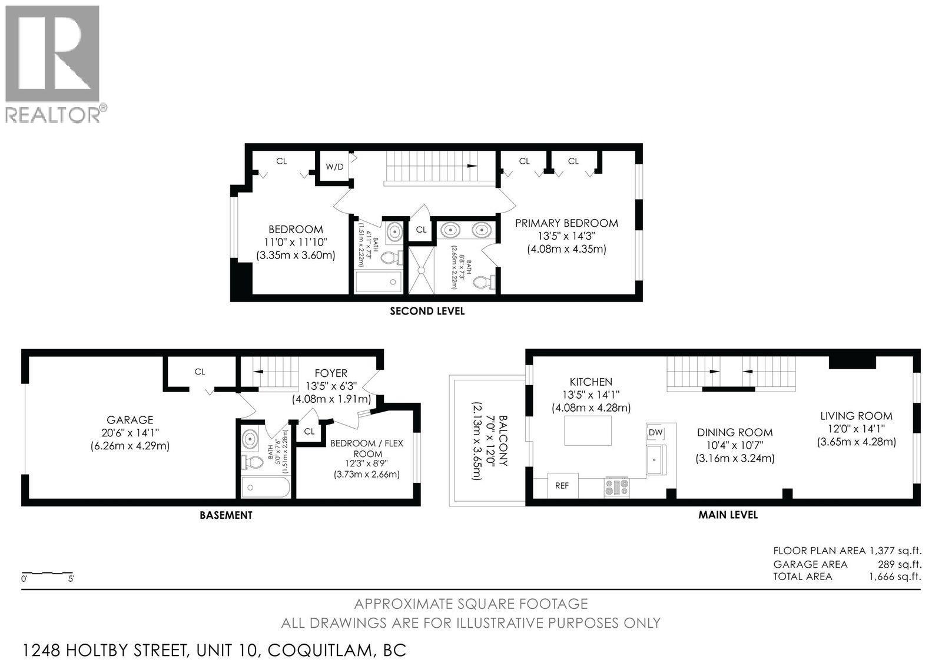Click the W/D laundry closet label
click(x=334, y=167)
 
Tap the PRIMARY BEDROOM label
click(x=566, y=223)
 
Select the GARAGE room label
click(x=130, y=420)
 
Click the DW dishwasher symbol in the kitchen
click(x=655, y=433)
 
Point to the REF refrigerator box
click(x=562, y=486)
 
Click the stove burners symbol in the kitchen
click(x=617, y=487)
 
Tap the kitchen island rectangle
click(x=588, y=430)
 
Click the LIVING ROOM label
click(x=856, y=416)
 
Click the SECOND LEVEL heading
click(x=427, y=311)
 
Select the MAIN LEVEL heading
click(x=728, y=515)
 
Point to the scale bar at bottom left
click(x=47, y=573)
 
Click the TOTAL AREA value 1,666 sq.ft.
click(x=894, y=576)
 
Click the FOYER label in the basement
click(x=330, y=373)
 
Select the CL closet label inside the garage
click(x=200, y=372)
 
